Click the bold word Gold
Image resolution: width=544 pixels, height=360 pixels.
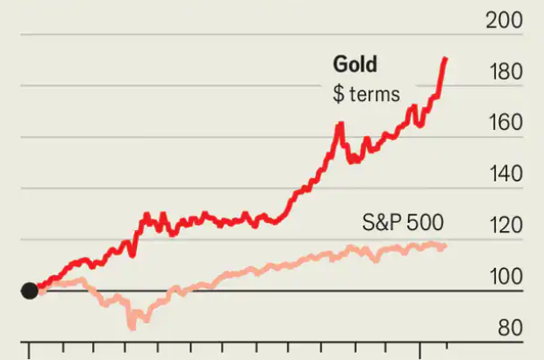[x=354, y=64]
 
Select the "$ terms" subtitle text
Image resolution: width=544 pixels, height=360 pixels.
[x=366, y=94]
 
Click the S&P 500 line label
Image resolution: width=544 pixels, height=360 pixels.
[x=403, y=222]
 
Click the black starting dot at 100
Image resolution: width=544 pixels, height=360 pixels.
[x=29, y=291]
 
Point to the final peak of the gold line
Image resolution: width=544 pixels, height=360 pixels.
[x=446, y=59]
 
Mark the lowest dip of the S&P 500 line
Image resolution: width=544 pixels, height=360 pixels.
[x=133, y=326]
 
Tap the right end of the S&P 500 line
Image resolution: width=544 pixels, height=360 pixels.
[x=446, y=247]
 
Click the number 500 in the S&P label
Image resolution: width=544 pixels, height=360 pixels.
[x=425, y=222]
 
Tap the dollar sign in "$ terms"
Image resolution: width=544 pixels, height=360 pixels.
[x=338, y=94]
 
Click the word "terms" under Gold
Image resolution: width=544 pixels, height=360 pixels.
[x=373, y=94]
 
